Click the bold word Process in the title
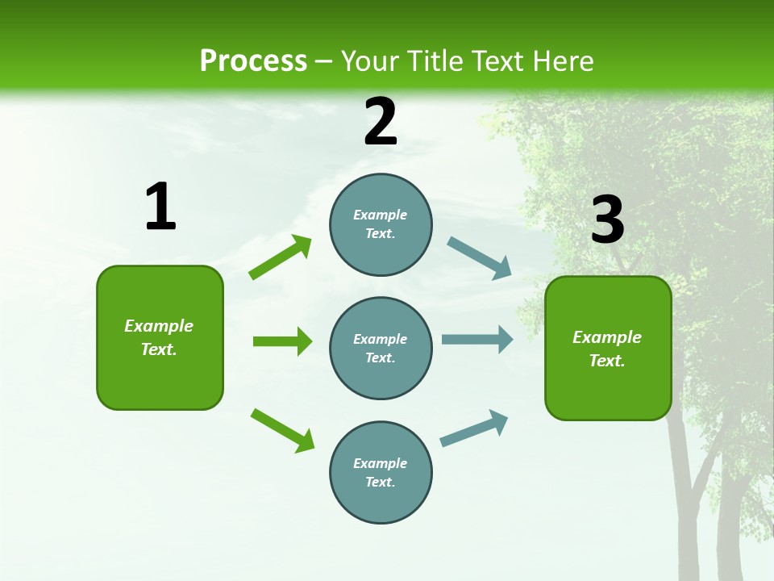pyautogui.click(x=253, y=61)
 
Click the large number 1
pyautogui.click(x=160, y=207)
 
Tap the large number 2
pyautogui.click(x=381, y=122)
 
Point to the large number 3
pyautogui.click(x=607, y=220)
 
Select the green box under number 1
pyautogui.click(x=160, y=337)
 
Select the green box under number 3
pyautogui.click(x=608, y=348)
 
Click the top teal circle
pyautogui.click(x=381, y=224)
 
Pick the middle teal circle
pyautogui.click(x=381, y=348)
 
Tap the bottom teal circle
pyautogui.click(x=381, y=472)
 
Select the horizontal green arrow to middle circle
pyautogui.click(x=282, y=341)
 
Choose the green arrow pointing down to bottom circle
pyautogui.click(x=282, y=430)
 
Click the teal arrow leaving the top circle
pyautogui.click(x=480, y=258)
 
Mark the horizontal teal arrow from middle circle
pyautogui.click(x=477, y=340)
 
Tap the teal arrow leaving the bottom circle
pyautogui.click(x=474, y=428)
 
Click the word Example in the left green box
pyautogui.click(x=159, y=326)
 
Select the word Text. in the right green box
pyautogui.click(x=607, y=361)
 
